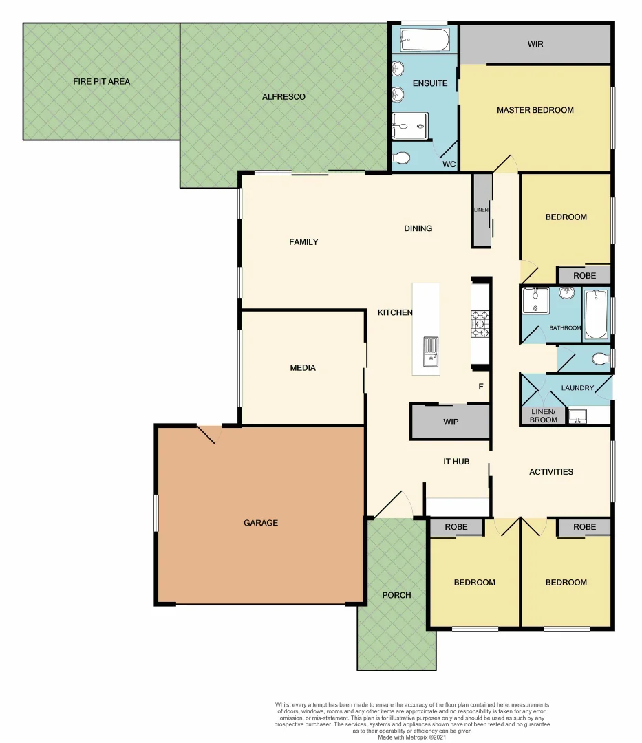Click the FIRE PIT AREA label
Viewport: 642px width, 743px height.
101,81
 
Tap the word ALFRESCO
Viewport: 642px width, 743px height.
283,97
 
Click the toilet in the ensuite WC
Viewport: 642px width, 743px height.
401,159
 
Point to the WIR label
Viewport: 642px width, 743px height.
535,44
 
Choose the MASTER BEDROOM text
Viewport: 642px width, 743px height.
535,110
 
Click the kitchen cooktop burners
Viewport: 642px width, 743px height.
480,323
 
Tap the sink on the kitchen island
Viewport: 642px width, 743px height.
429,350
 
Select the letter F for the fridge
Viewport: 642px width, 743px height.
481,387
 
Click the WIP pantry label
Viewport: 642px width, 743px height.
451,422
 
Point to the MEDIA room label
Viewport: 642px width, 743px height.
303,368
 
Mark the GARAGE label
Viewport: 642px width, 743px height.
261,523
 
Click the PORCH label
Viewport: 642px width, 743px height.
396,595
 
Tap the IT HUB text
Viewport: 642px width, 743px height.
456,462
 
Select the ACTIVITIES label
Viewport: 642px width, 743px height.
551,472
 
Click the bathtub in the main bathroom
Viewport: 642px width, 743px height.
596,314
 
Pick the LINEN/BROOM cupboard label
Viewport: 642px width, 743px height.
544,416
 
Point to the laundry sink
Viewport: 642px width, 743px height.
577,416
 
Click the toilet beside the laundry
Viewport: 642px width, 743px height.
600,358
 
